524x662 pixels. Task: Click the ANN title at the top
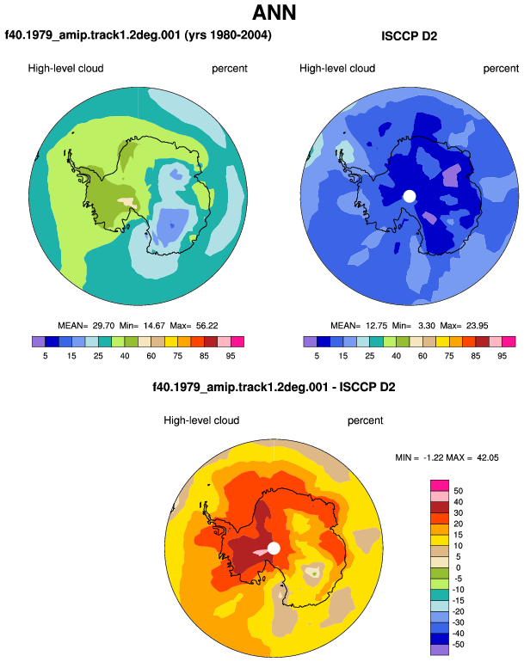pos(274,12)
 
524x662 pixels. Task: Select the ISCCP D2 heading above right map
pos(409,36)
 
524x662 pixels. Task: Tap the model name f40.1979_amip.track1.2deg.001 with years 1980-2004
pos(139,35)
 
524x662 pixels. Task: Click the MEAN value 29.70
pos(103,326)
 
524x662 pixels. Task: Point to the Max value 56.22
pos(207,326)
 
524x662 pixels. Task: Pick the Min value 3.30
pos(427,326)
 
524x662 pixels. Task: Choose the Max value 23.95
pos(477,326)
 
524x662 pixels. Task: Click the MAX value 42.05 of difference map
pos(488,457)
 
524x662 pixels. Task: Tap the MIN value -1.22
pos(433,457)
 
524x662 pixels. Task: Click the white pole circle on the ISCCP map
pos(410,196)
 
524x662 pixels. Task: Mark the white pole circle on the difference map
pos(274,549)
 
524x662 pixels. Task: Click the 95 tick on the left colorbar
pos(231,356)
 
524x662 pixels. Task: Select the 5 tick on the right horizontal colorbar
pos(317,356)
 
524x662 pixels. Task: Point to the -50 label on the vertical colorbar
pos(458,645)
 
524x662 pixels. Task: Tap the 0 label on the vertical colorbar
pos(458,567)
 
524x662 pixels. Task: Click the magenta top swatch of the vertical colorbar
pos(440,485)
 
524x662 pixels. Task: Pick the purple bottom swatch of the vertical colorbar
pos(440,650)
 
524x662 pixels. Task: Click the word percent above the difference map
pos(365,420)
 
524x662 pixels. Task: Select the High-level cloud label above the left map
pos(65,69)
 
